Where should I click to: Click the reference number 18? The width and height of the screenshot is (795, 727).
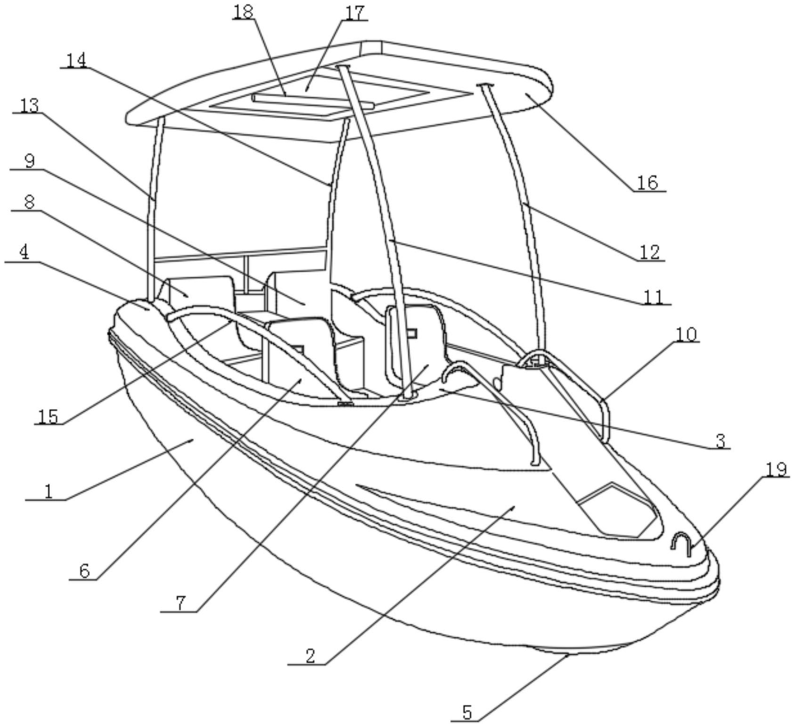coord(244,12)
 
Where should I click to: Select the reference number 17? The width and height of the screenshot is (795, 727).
coord(355,13)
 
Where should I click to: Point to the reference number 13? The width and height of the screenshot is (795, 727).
coord(29,106)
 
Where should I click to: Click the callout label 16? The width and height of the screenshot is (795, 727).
coord(647,182)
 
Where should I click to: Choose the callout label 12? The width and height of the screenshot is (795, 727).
coord(649,253)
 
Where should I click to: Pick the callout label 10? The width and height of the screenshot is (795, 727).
coord(686,334)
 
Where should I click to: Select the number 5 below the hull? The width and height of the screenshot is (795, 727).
coord(467,712)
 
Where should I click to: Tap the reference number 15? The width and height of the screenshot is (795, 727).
coord(48,417)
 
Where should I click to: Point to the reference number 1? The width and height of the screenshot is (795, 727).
coord(48,491)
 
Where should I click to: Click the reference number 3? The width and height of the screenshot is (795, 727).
coord(720,441)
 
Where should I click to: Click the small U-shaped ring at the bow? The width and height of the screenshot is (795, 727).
coord(681,543)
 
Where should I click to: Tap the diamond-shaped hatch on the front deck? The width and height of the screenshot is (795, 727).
coord(617,509)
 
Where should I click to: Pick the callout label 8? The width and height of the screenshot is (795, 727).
coord(29,202)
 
